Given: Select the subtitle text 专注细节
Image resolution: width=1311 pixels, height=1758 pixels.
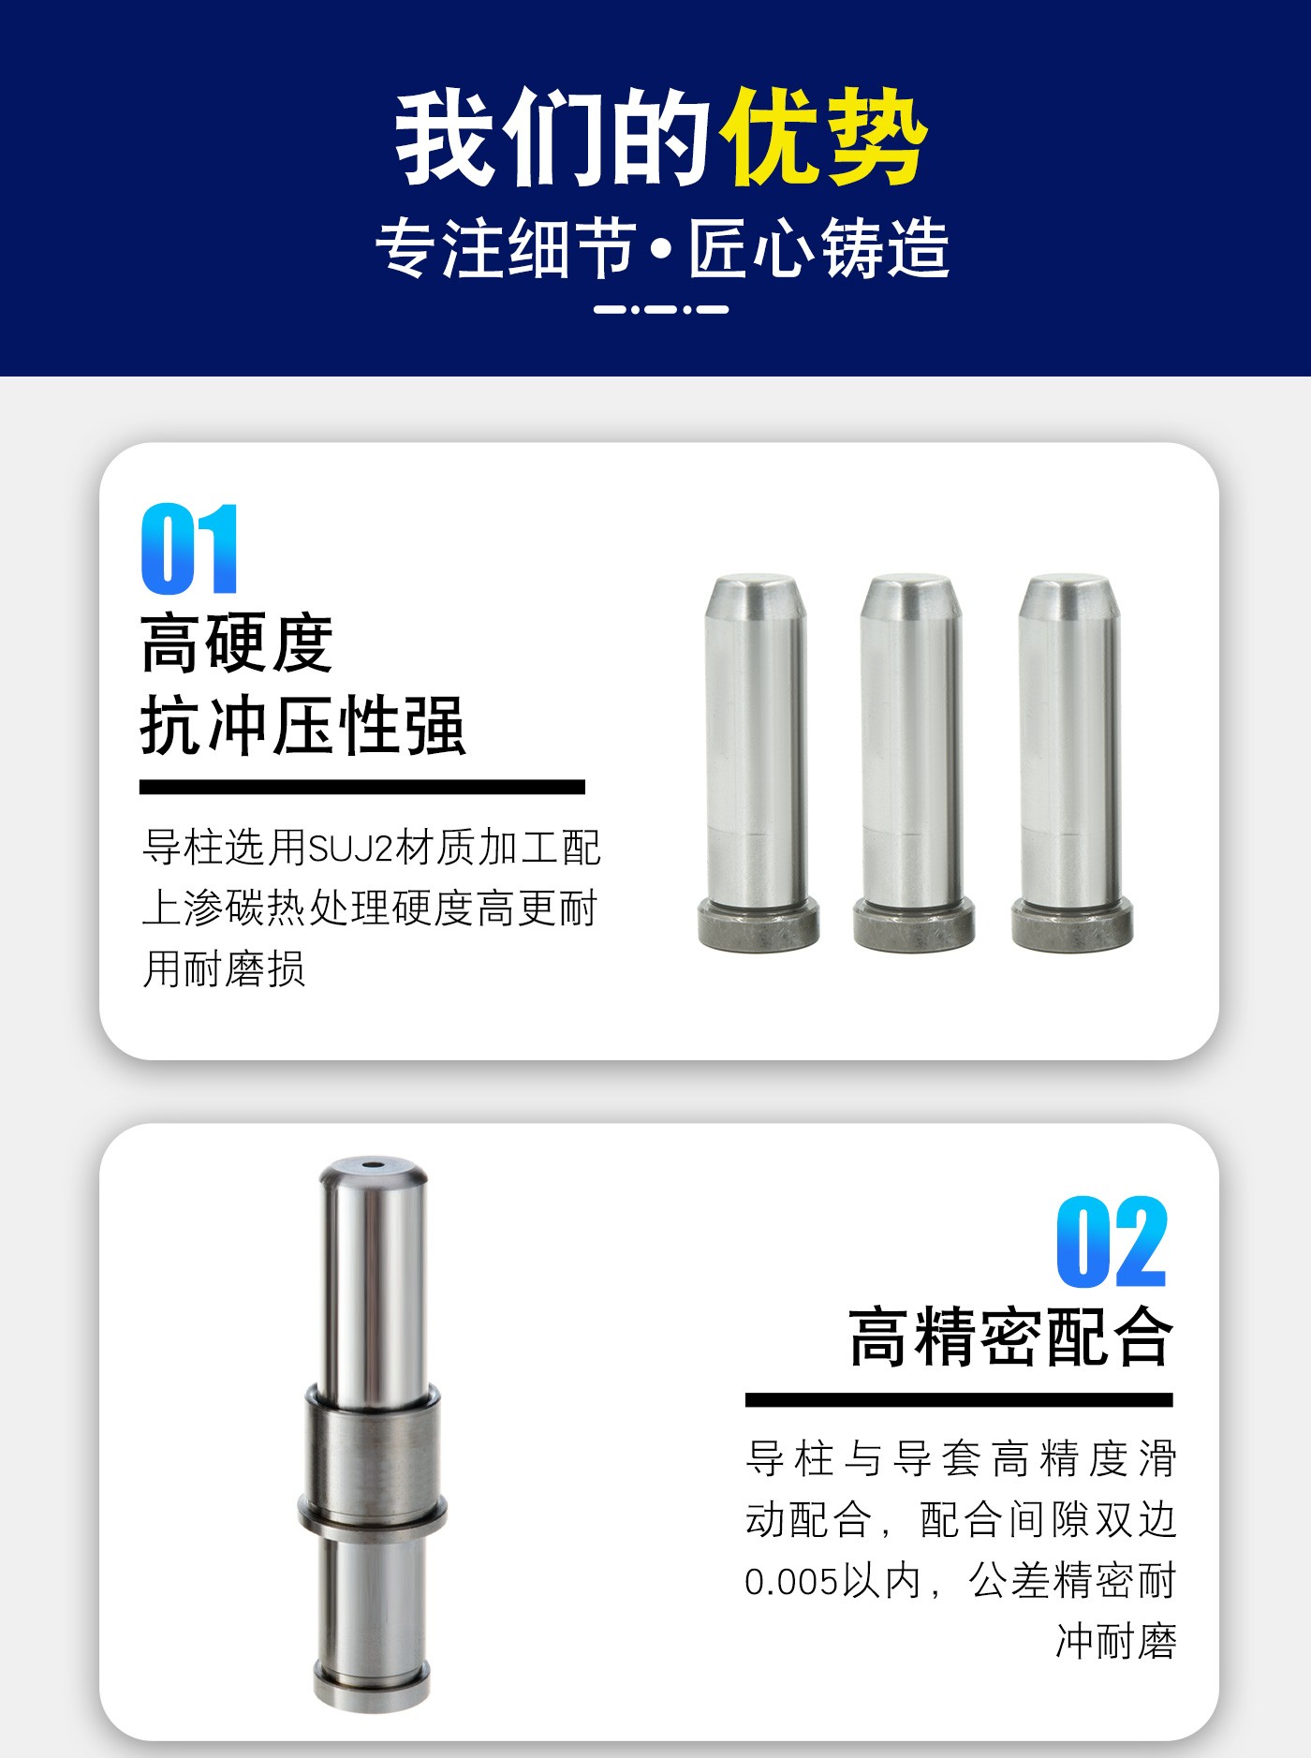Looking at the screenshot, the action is (507, 249).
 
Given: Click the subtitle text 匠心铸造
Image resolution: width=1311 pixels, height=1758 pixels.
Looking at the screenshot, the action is (819, 249).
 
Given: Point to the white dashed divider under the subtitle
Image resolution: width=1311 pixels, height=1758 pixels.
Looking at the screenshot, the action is (661, 309).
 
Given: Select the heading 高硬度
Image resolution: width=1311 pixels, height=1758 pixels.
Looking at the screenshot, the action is (237, 643).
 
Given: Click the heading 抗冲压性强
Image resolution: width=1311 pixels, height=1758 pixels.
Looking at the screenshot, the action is (302, 726).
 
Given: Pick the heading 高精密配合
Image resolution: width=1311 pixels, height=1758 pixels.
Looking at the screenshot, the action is (1010, 1337).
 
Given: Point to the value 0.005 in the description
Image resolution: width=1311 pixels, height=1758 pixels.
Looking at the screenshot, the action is (791, 1582).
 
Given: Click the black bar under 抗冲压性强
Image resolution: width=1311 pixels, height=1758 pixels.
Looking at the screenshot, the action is (362, 787).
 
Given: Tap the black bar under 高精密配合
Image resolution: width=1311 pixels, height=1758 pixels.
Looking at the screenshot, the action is (959, 1399).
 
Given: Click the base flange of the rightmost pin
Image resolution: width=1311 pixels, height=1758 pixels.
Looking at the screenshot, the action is (1072, 923).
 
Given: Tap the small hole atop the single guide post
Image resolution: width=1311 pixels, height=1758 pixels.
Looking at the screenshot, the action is (374, 1166).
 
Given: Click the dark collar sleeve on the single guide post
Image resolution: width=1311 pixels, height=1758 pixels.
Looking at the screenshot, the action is (372, 1457).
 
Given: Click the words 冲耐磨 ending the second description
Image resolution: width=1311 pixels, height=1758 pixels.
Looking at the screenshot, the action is (1116, 1642).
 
